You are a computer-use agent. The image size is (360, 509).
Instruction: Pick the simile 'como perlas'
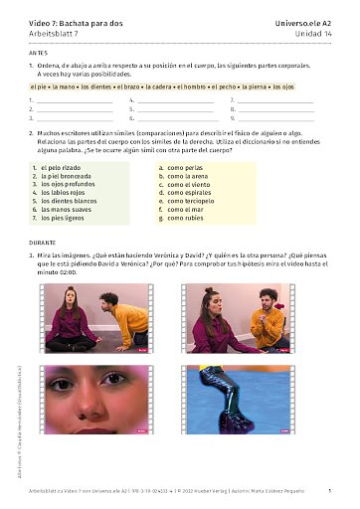[x=184, y=168]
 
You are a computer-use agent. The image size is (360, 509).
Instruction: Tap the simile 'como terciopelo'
[x=190, y=201]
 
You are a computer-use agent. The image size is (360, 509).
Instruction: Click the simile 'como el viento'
[x=187, y=184]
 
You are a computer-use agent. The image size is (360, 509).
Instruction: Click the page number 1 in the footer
[x=329, y=491]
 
